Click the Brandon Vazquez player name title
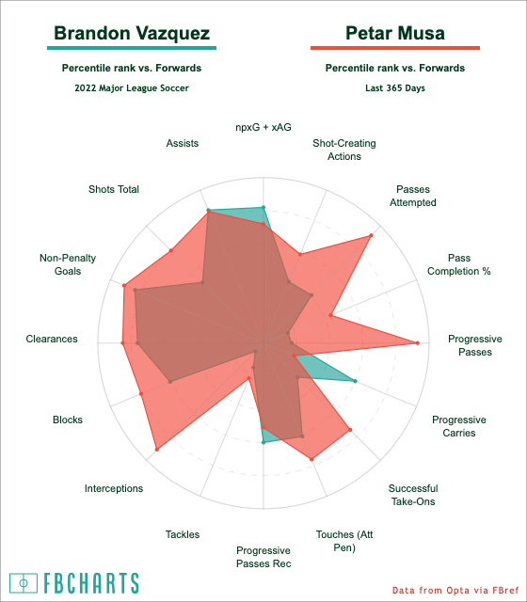click(x=132, y=33)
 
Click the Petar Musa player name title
click(x=395, y=33)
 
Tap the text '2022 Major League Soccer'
click(x=132, y=87)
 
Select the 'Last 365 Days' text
click(x=395, y=87)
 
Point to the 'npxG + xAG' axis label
click(x=263, y=127)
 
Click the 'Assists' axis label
click(x=183, y=143)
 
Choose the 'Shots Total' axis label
click(x=114, y=189)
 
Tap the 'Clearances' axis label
click(x=52, y=339)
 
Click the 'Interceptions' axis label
click(x=114, y=488)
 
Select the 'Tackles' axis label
click(x=183, y=534)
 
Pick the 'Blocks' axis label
click(x=68, y=420)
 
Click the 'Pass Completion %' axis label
click(x=459, y=264)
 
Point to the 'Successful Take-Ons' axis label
click(x=413, y=495)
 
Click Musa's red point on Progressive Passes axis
click(x=418, y=342)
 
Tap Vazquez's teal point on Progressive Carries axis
click(x=355, y=381)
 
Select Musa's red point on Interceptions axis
click(x=157, y=450)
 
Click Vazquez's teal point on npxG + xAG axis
click(x=263, y=207)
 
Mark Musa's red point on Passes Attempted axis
click(x=371, y=235)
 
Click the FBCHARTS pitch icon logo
click(x=24, y=583)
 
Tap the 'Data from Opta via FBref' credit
click(x=455, y=590)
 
